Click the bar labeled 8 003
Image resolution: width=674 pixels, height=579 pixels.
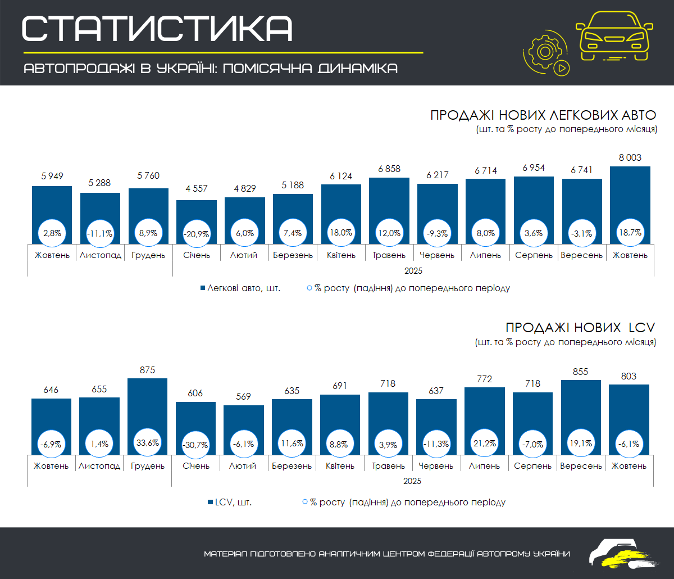coord(630,197)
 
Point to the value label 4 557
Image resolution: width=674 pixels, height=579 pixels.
coord(196,189)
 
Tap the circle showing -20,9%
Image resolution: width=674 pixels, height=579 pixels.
coord(196,233)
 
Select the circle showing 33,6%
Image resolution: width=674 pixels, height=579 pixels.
coord(148,444)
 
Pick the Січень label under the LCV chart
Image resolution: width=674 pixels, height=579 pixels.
coord(196,466)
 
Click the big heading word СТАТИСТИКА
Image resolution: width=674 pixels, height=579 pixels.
coord(157,28)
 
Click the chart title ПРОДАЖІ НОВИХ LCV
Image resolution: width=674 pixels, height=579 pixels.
coord(581,328)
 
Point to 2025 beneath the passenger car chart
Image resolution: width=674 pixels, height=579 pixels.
coord(413,270)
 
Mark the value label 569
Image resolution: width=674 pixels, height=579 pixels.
coord(244,396)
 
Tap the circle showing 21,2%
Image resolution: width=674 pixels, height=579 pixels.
coord(484,444)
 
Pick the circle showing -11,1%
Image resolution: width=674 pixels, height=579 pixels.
coord(100,233)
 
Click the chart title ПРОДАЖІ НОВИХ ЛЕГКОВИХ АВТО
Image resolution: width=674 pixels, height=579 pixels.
coord(543,115)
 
